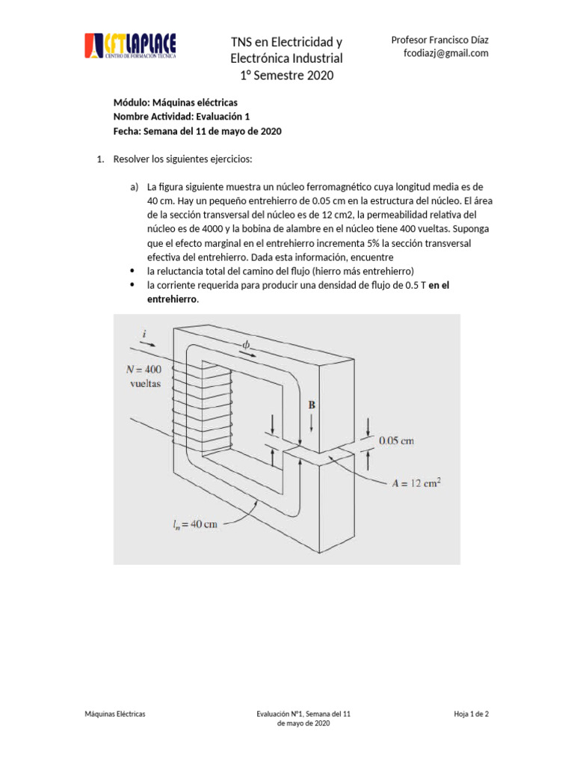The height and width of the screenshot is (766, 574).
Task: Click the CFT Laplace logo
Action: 130,47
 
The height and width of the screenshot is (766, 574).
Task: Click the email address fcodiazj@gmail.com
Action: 445,53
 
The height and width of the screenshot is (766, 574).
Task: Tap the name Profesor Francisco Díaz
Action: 441,40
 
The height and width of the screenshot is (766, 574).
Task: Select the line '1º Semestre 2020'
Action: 286,75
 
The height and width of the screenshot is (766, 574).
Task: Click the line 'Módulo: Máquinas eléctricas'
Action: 176,102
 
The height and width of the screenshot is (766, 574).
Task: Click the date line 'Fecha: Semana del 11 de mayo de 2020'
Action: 197,131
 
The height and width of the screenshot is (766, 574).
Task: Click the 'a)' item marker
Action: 135,186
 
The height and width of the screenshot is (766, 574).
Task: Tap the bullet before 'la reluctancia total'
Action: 133,271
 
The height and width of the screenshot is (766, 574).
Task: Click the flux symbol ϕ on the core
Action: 247,345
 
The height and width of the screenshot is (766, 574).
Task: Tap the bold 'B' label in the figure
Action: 312,405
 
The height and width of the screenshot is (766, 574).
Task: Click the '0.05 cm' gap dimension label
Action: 396,441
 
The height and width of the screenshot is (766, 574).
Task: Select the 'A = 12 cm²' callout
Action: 416,482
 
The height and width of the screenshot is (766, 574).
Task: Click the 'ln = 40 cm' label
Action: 193,524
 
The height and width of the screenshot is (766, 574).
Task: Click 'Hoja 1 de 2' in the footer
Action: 471,714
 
